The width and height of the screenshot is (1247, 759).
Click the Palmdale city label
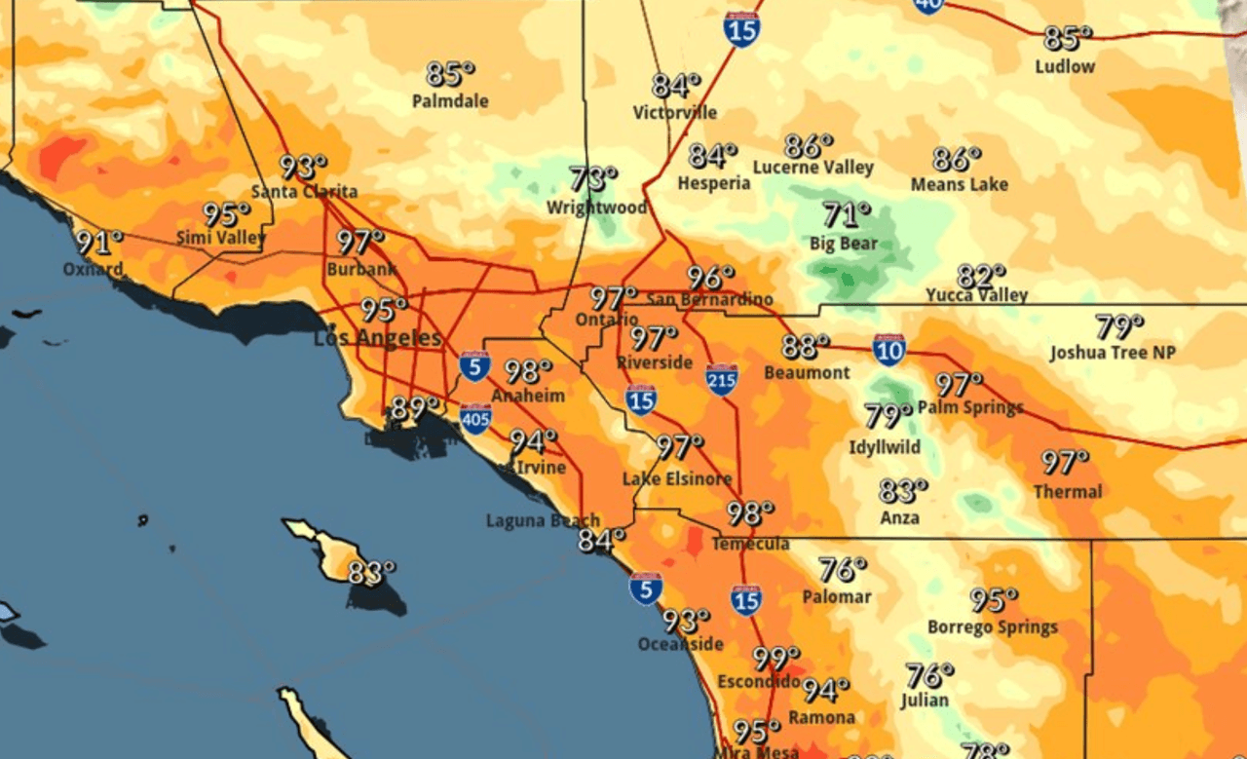(450, 101)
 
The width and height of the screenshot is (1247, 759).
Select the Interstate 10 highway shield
(888, 350)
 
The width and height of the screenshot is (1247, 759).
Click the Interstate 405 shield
(474, 418)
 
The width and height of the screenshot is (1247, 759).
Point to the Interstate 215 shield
(721, 379)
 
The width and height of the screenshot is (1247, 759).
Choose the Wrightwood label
(596, 208)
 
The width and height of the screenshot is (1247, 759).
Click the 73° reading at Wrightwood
(592, 179)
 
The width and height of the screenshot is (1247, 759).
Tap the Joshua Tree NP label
(1112, 353)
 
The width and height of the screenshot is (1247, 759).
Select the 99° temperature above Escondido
(775, 659)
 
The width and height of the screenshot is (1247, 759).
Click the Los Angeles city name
(376, 339)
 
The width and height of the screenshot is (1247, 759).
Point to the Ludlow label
(1065, 66)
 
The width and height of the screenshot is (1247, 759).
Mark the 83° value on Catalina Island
(371, 573)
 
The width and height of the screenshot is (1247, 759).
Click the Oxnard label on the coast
(93, 269)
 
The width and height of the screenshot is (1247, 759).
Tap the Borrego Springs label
(992, 626)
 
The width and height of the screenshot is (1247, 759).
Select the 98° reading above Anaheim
(528, 371)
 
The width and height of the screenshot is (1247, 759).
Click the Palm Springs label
(970, 407)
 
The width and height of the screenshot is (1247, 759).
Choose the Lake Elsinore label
(677, 478)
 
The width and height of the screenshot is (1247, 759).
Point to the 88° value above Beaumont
(805, 346)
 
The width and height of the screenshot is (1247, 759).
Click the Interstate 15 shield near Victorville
(741, 30)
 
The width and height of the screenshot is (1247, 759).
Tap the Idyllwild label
(884, 447)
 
